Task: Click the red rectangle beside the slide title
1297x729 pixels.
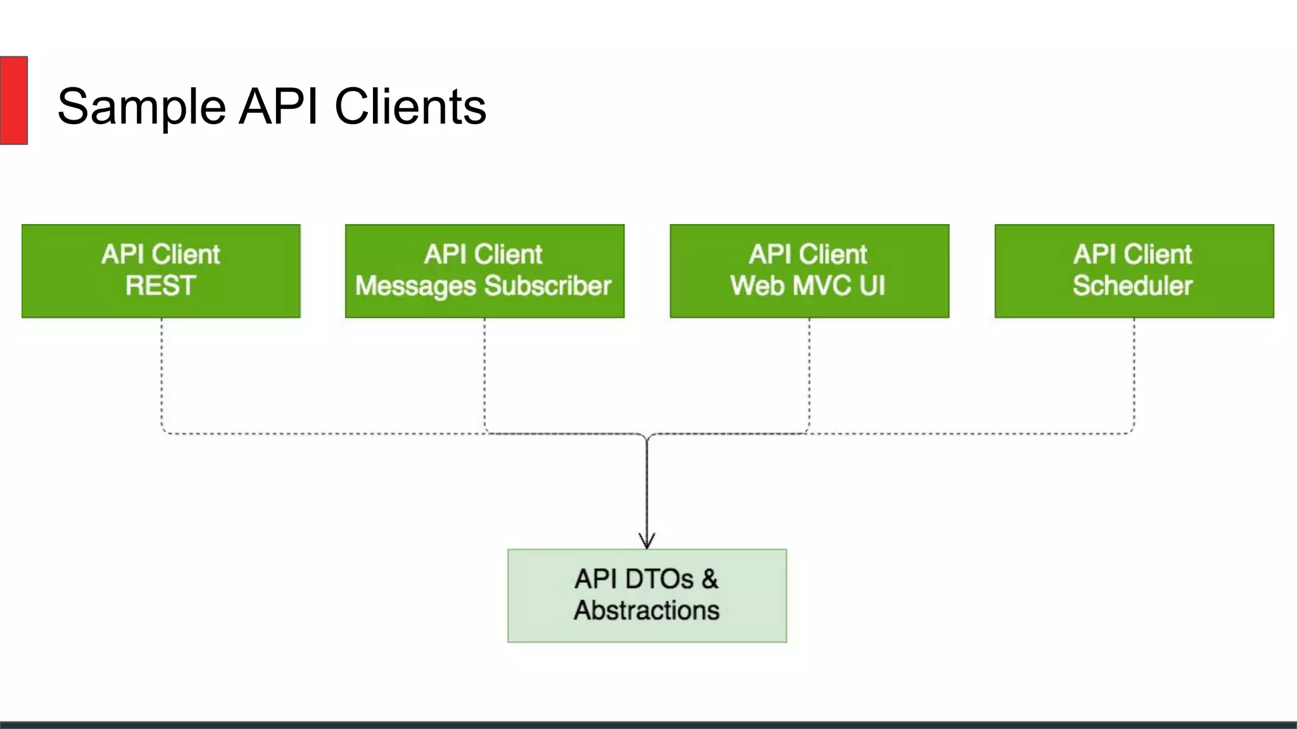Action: [13, 100]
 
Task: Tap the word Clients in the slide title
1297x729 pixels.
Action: [410, 106]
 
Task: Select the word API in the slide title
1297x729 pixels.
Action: [279, 106]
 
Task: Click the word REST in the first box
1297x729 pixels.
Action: [161, 286]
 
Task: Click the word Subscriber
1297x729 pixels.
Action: [548, 286]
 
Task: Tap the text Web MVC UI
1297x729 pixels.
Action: [807, 286]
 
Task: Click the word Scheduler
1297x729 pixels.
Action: [1132, 286]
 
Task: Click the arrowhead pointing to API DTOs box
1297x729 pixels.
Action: [647, 541]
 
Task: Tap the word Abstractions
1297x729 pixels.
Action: [647, 611]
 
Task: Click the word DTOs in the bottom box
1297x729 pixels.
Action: [659, 580]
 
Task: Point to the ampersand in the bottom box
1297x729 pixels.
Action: [710, 580]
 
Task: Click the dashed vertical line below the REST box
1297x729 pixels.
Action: [161, 373]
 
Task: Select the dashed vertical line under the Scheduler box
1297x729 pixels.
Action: [1134, 373]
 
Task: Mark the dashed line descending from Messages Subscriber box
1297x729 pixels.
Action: [484, 373]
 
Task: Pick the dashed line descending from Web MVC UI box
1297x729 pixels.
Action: [809, 373]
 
